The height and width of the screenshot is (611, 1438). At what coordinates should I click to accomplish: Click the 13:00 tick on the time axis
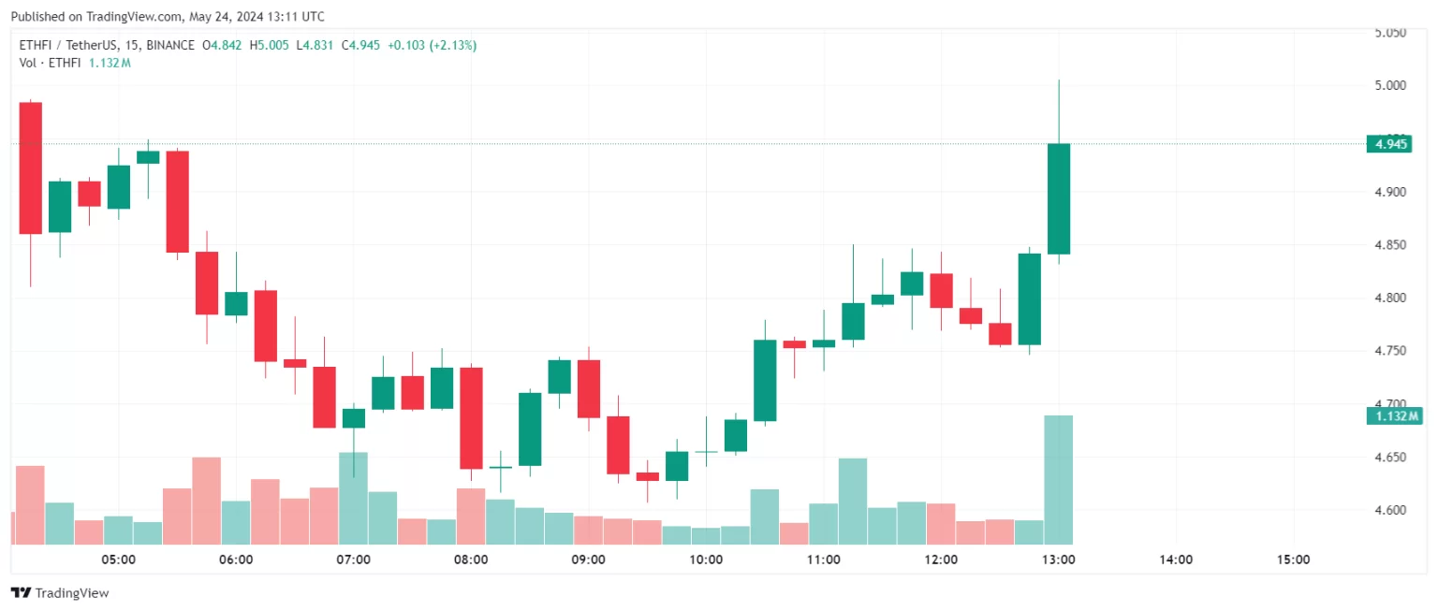[1058, 560]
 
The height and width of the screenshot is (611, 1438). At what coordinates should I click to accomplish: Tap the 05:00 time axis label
[119, 560]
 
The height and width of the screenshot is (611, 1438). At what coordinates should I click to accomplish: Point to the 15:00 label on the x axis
[1293, 560]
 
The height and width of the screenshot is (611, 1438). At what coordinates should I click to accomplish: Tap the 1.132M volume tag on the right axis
[1393, 416]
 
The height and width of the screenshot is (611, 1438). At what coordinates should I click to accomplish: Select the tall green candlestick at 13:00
[1059, 198]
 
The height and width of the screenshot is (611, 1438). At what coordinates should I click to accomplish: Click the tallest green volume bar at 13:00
[1059, 479]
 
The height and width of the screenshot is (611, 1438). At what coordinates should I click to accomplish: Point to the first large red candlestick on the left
[31, 167]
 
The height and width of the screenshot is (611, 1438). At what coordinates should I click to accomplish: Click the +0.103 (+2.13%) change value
[433, 45]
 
